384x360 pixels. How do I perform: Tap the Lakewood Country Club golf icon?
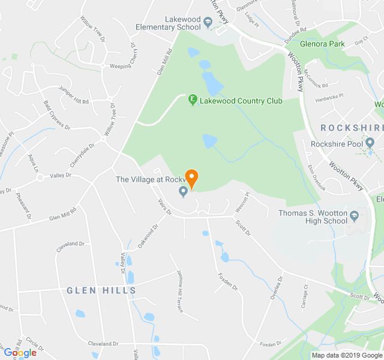tap(193, 100)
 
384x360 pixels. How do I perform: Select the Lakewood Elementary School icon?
tap(208, 23)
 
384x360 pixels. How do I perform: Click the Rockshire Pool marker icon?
tap(370, 143)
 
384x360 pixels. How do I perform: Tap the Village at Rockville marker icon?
tap(184, 191)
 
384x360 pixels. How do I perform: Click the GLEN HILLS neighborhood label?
tap(101, 290)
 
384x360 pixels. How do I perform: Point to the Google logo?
tap(20, 353)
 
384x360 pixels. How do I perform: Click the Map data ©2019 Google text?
tap(346, 355)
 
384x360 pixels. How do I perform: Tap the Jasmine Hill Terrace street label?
tap(179, 289)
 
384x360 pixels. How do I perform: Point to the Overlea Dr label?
tap(275, 290)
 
